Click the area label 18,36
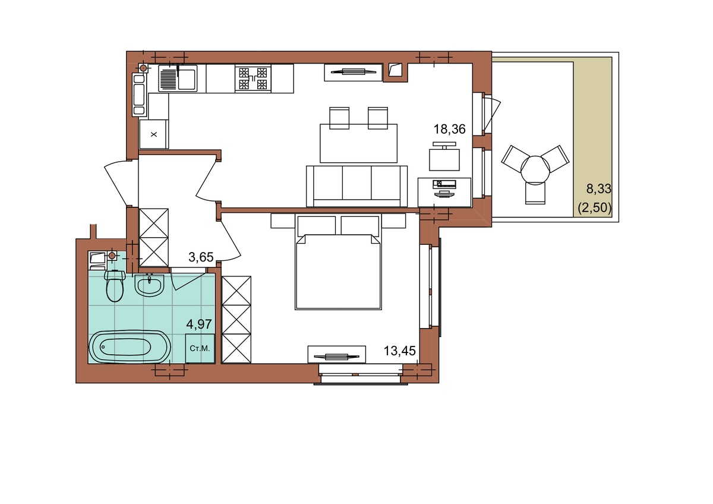click(449, 129)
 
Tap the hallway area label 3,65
click(201, 257)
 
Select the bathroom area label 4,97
click(199, 325)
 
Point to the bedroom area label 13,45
click(399, 351)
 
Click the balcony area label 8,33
click(599, 189)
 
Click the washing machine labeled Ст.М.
click(200, 348)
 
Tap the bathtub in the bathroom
click(130, 346)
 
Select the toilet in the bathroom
click(115, 286)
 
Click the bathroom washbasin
click(149, 285)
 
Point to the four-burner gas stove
click(253, 78)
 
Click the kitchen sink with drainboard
click(178, 78)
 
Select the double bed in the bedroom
click(338, 262)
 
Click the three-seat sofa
click(357, 186)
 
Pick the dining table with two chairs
click(358, 135)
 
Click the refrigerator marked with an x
click(154, 134)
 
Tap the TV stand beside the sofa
click(444, 193)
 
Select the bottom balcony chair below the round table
click(535, 193)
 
